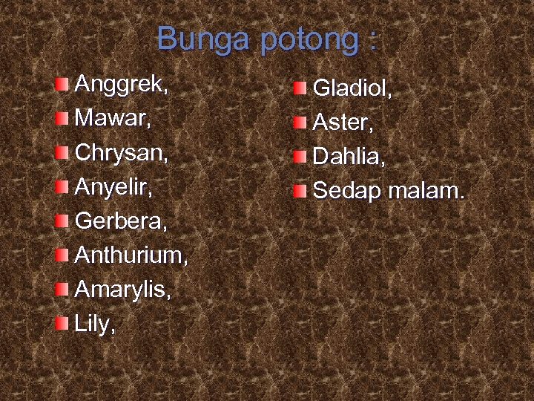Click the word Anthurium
(131, 255)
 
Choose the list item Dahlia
(347, 157)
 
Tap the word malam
(426, 191)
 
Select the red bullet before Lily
(62, 322)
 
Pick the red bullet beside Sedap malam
(299, 191)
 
